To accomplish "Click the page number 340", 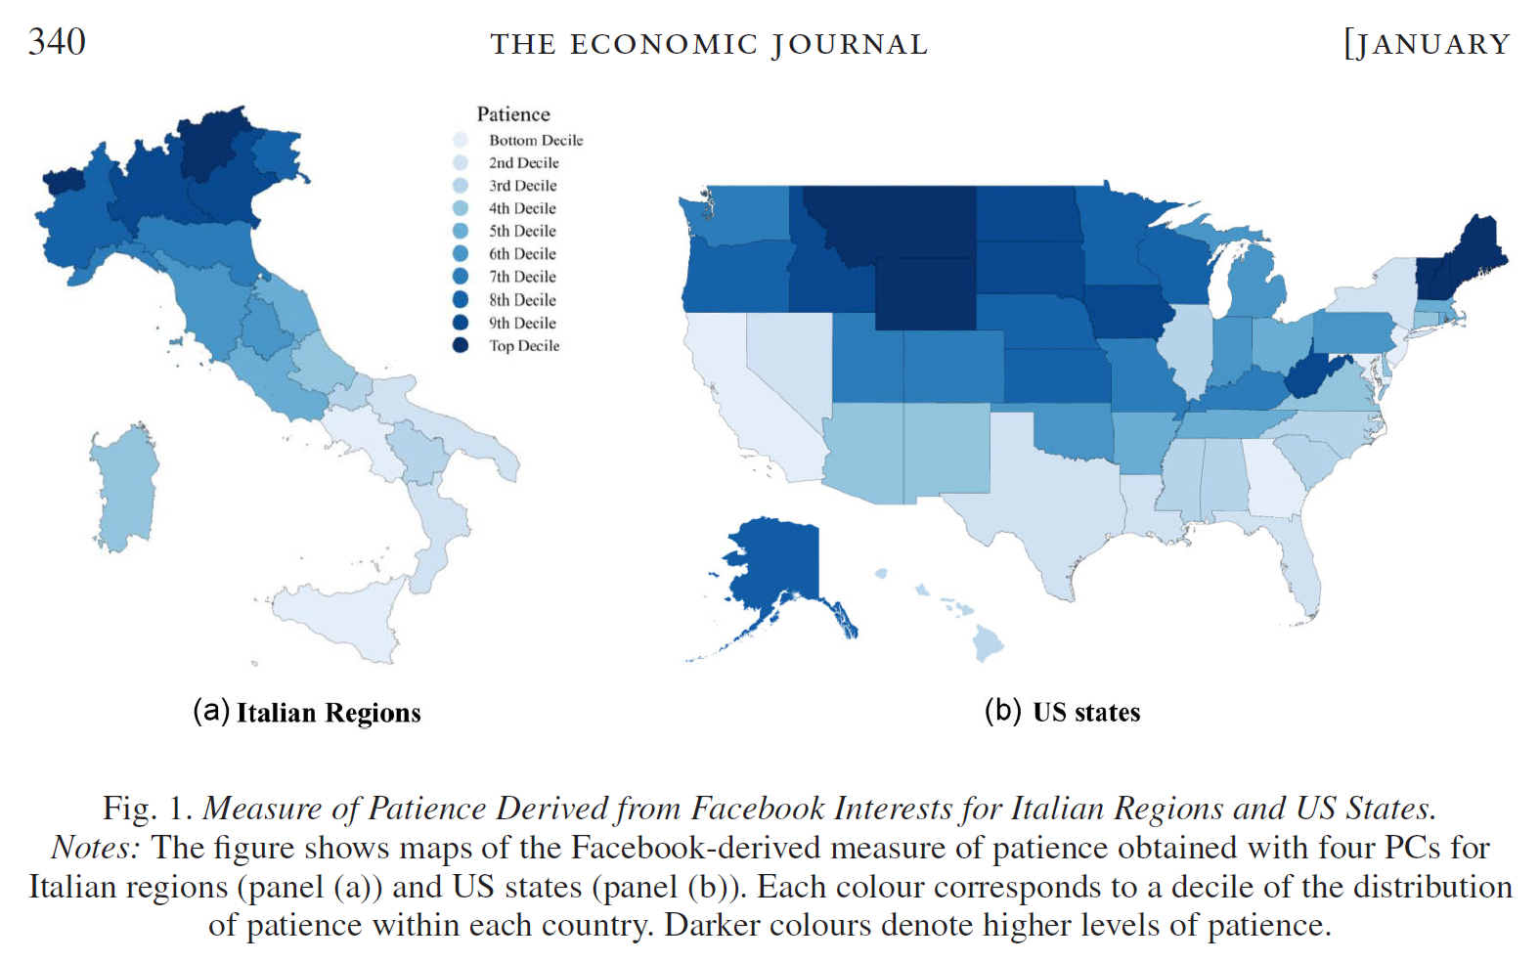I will click(x=57, y=42).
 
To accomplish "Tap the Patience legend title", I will click(x=513, y=114).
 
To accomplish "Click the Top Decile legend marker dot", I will click(x=461, y=345).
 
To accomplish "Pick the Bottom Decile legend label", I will click(x=536, y=141).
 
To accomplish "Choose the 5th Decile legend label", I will click(x=522, y=232).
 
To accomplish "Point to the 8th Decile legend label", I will click(x=522, y=300).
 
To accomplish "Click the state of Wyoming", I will click(x=925, y=293).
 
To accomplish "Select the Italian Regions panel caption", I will click(x=307, y=713).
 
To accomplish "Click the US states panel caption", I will click(x=1063, y=712).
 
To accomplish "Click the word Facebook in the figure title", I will click(x=758, y=809).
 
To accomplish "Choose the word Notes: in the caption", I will click(x=95, y=847).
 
